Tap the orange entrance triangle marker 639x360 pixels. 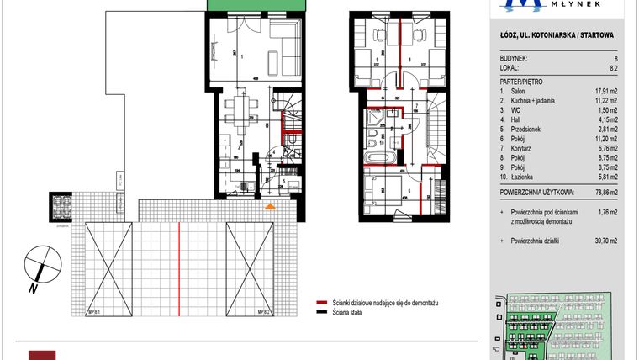(x=269, y=205)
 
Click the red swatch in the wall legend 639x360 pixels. (x=320, y=301)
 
